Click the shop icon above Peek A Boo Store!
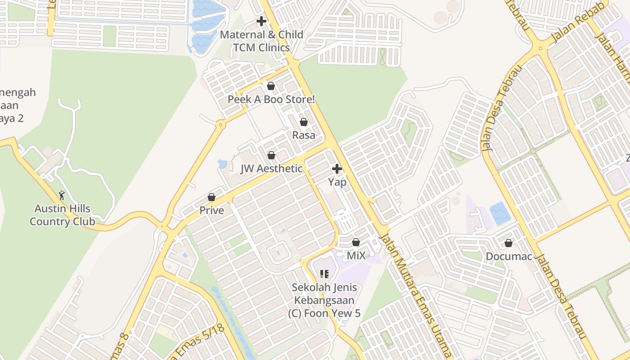(271, 86)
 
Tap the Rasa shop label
(304, 135)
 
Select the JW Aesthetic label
(271, 169)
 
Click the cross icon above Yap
(337, 169)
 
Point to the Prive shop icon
(211, 197)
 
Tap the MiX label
(356, 256)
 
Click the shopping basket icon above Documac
(508, 243)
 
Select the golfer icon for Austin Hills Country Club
(62, 195)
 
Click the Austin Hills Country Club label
(63, 215)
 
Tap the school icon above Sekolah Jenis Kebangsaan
(324, 274)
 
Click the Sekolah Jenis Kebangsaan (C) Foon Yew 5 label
(324, 300)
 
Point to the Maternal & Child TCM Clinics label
(261, 41)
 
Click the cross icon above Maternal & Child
(261, 21)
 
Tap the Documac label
(509, 256)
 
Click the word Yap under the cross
(337, 182)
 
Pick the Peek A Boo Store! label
(271, 99)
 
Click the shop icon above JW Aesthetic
(271, 156)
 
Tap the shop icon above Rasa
(304, 122)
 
